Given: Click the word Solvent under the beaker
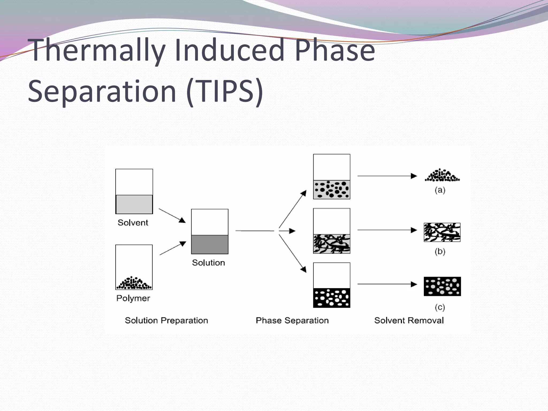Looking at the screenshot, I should tap(133, 223).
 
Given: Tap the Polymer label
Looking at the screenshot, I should tap(133, 298).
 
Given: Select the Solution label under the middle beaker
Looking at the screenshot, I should tap(208, 263).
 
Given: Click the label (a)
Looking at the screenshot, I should tap(440, 190).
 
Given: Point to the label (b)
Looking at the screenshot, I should tap(440, 252).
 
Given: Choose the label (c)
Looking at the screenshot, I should tap(440, 307).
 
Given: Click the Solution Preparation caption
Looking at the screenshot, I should tap(166, 321).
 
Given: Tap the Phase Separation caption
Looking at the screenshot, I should tap(292, 321).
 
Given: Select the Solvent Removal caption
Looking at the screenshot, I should tap(409, 321).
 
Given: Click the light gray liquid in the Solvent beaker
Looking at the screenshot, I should tap(134, 204).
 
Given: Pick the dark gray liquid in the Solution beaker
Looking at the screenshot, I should tap(210, 245).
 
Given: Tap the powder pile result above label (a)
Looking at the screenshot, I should tap(442, 176).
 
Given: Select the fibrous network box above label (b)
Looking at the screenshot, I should tap(442, 232).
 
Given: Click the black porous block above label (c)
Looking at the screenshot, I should tap(442, 286).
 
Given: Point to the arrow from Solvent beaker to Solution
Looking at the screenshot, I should tap(172, 215).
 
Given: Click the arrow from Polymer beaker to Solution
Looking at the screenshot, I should tap(173, 248).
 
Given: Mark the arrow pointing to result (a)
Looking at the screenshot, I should tap(387, 176).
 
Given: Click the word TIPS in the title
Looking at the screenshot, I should tap(225, 91).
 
